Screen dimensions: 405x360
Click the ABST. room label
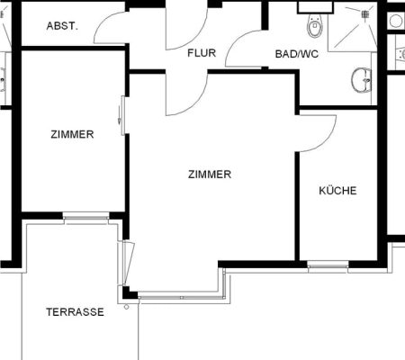coord(62,26)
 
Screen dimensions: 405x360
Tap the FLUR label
coord(202,53)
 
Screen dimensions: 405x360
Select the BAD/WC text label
coord(297,54)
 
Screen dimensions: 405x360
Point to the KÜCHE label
coord(337,191)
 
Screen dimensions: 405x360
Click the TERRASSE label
coord(75,312)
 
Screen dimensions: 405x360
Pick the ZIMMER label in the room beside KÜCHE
coord(210,175)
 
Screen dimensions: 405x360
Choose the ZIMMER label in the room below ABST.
coord(72,134)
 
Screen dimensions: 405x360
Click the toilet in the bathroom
coord(315,25)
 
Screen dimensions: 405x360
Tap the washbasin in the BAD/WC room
coord(362,80)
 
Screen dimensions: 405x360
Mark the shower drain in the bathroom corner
coord(364,13)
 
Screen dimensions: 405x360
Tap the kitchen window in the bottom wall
coord(328,265)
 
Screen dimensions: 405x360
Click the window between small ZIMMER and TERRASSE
coord(85,217)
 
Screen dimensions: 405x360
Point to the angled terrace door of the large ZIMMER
coord(129,263)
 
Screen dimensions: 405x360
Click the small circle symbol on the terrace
coord(126,307)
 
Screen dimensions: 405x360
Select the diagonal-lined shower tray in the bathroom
coord(352,27)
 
